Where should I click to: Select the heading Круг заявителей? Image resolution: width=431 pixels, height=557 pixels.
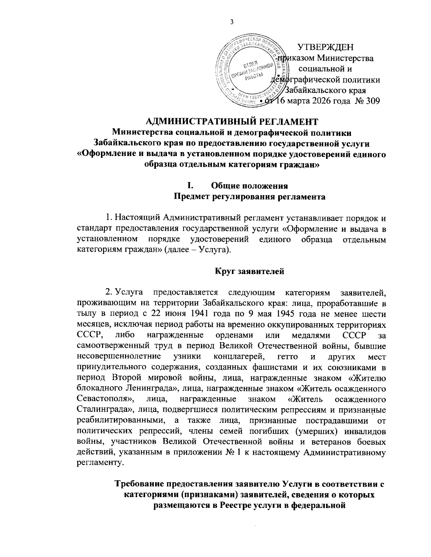pos(250,271)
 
